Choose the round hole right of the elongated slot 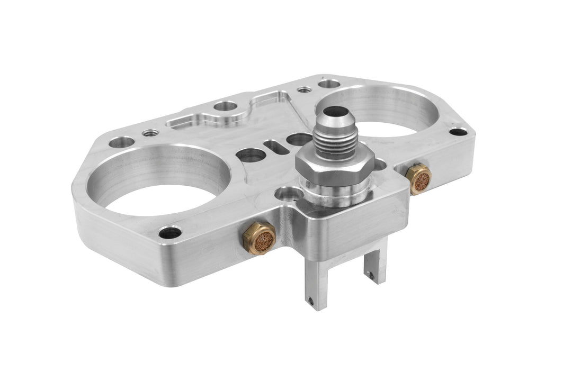click(296, 140)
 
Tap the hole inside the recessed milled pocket click(221, 108)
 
